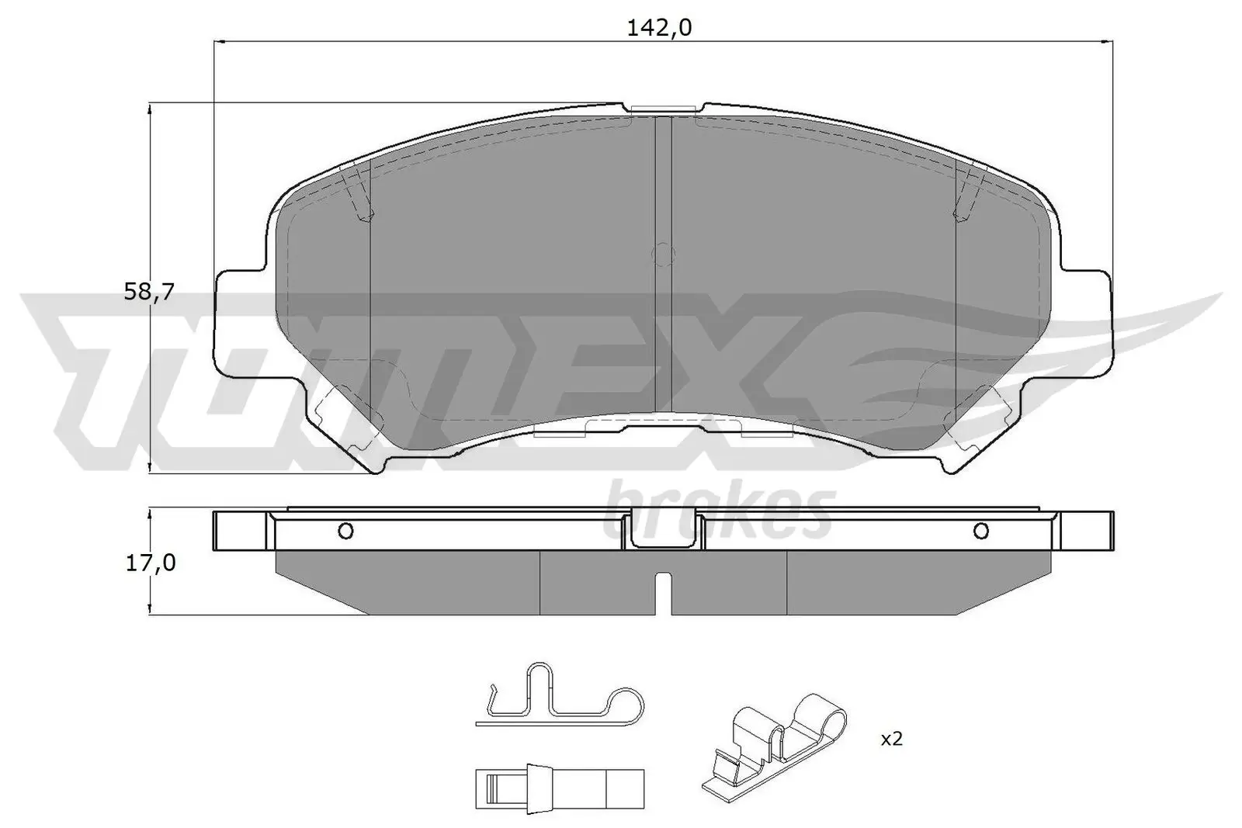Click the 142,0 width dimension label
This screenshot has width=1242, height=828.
[659, 28]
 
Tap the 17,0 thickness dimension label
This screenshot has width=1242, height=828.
[151, 563]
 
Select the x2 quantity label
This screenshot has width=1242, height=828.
[891, 740]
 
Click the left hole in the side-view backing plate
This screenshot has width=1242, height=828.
[346, 531]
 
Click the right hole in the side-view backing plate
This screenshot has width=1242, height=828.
[980, 531]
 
